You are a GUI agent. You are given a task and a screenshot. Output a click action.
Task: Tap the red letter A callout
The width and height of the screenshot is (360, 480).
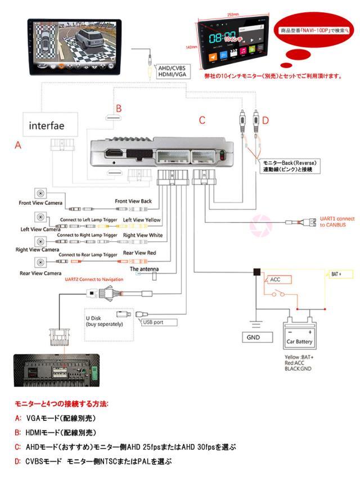click(17, 145)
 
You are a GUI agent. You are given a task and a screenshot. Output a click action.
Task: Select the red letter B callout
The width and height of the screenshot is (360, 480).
click(118, 107)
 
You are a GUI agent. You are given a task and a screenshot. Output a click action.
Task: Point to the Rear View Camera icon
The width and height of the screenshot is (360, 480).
click(41, 262)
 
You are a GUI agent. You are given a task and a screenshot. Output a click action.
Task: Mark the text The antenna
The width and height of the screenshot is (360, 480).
click(144, 270)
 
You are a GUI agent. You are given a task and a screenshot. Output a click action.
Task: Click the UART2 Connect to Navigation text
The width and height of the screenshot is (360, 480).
click(94, 279)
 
